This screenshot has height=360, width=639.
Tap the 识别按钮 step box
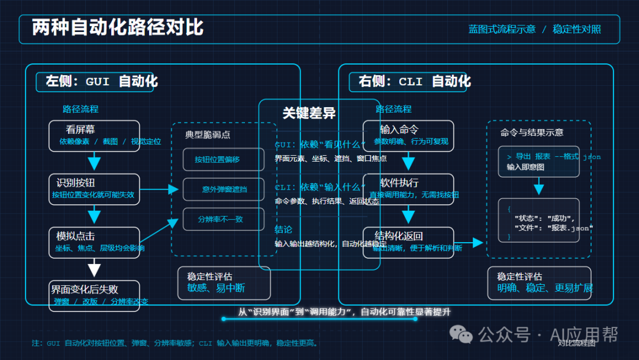(94, 188)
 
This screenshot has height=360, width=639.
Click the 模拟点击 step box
(94, 242)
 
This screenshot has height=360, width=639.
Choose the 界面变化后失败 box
(94, 295)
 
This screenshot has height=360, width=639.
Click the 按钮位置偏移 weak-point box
(221, 159)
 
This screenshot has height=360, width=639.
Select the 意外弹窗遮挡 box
(221, 189)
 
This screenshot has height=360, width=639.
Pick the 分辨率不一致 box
(221, 219)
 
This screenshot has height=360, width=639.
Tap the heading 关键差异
(309, 113)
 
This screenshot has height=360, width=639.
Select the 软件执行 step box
(408, 188)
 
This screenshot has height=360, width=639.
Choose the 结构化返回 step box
(408, 242)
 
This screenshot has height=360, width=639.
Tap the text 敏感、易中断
(216, 288)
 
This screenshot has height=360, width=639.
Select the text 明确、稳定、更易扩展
(544, 288)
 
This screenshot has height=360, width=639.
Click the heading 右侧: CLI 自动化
(415, 81)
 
